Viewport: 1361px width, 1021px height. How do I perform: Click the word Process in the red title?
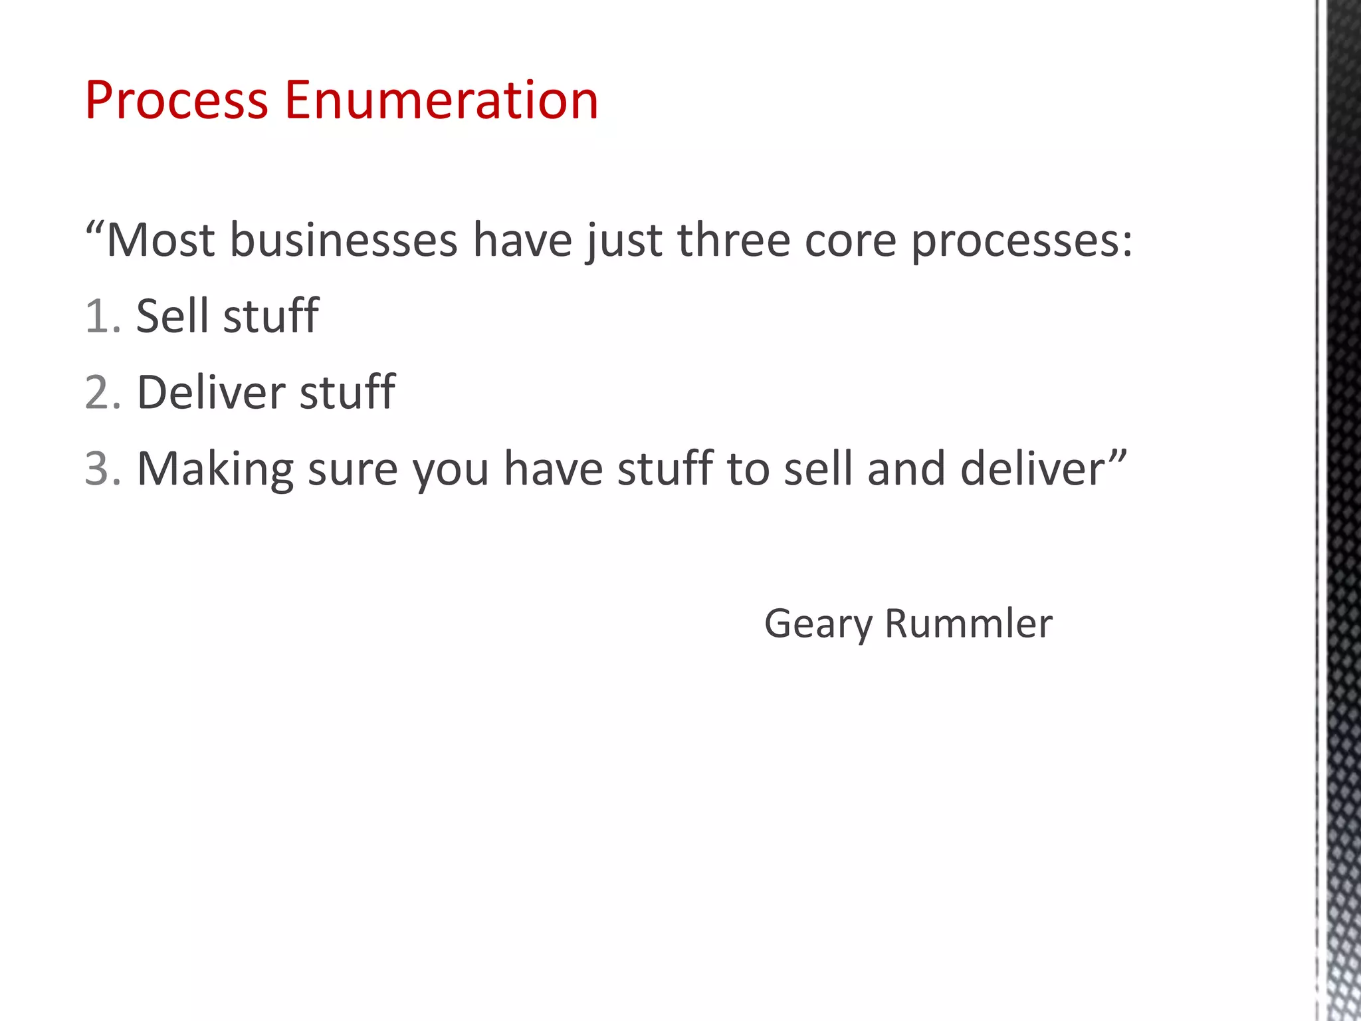point(176,100)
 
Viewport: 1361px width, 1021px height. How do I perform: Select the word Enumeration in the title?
point(441,100)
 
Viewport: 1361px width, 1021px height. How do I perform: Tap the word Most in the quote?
point(160,240)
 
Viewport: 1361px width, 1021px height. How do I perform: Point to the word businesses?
point(344,240)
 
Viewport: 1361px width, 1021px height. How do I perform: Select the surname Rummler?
point(968,624)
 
